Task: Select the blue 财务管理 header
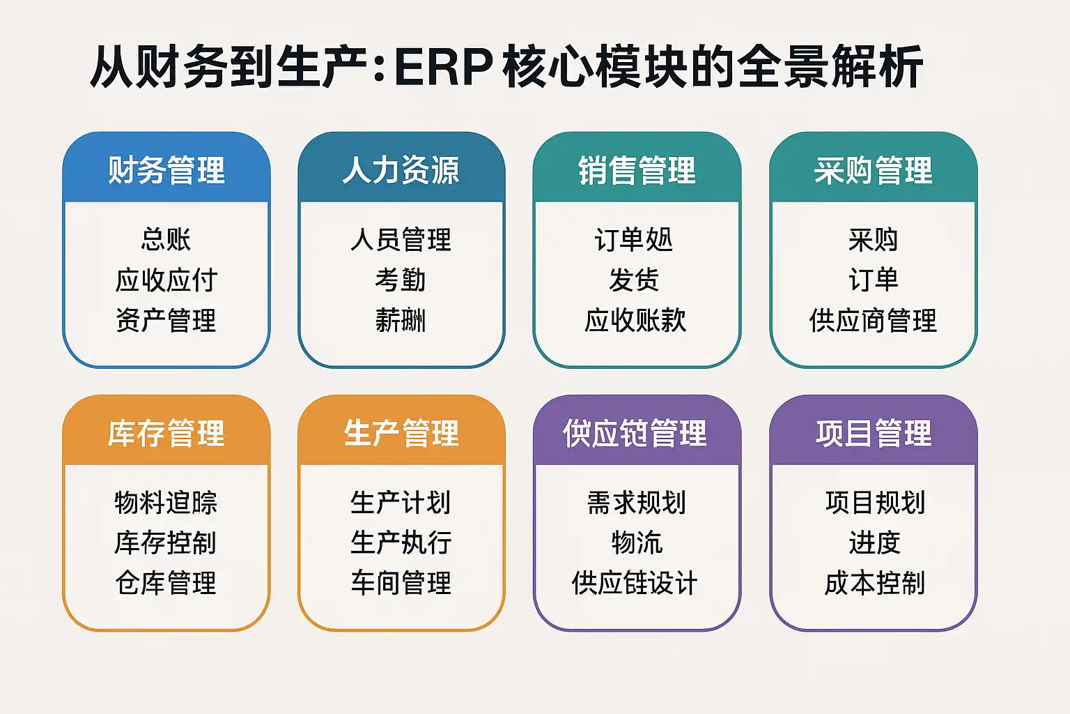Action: click(x=166, y=170)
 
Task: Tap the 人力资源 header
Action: click(x=401, y=170)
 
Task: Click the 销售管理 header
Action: click(x=637, y=170)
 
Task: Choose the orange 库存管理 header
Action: click(x=166, y=433)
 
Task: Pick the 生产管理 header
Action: click(x=401, y=433)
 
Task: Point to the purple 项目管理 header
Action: click(x=874, y=433)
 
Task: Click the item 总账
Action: click(x=166, y=239)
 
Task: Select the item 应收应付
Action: click(x=166, y=280)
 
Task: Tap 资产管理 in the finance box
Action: click(x=166, y=320)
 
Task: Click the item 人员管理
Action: click(x=401, y=239)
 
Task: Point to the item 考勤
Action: click(x=401, y=280)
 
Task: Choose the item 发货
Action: click(x=634, y=280)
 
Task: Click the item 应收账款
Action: click(x=635, y=320)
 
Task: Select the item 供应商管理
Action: click(x=873, y=320)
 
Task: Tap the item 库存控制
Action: click(x=166, y=542)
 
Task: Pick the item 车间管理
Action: click(x=401, y=583)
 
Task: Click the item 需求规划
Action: click(x=637, y=502)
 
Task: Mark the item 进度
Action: click(x=875, y=542)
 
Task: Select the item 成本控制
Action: click(x=875, y=583)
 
